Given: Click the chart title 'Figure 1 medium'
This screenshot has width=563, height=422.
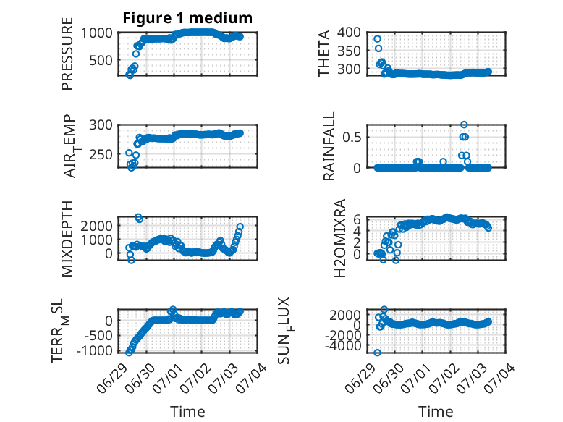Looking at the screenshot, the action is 187,18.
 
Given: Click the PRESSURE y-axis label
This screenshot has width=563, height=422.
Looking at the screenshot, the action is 67,54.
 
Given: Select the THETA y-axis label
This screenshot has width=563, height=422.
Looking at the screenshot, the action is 324,54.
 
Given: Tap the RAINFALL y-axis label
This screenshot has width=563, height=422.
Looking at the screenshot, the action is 329,145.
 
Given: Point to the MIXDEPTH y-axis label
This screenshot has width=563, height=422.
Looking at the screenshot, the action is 67,239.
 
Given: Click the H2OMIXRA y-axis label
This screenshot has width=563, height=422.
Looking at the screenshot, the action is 339,238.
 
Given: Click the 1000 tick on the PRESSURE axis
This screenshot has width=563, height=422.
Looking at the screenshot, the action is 96,33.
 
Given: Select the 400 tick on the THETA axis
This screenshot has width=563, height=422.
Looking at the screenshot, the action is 349,33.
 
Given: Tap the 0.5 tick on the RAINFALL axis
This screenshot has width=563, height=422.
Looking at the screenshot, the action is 352,137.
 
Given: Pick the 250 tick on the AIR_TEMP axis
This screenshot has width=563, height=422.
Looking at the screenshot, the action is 101,154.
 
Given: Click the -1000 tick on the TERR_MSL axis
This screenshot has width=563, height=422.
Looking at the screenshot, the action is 94,350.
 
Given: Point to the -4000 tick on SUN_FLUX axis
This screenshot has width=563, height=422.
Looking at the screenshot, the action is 343,346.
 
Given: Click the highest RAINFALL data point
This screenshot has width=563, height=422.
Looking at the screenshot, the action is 464,125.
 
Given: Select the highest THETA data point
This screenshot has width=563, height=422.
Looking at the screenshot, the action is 377,39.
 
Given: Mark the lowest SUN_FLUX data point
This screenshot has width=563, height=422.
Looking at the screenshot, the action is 377,353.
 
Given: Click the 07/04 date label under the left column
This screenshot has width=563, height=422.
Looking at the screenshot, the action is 254,376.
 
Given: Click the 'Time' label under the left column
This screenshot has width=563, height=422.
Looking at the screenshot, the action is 187,412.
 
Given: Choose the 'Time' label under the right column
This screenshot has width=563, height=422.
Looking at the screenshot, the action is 436,412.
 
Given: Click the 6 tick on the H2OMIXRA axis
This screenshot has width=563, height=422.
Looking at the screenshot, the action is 357,219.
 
